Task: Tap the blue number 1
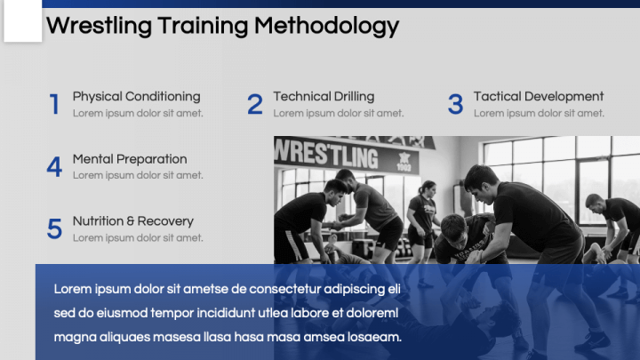[54, 105]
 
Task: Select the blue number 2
[255, 105]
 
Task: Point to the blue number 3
[455, 105]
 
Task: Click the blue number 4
[54, 167]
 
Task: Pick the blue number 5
[54, 229]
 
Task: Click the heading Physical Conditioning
[136, 97]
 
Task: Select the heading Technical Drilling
[324, 97]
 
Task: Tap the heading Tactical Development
[539, 97]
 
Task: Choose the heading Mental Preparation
[130, 159]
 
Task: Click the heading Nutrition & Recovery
[132, 221]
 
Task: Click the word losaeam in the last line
[378, 337]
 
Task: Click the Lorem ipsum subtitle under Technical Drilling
[338, 113]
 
